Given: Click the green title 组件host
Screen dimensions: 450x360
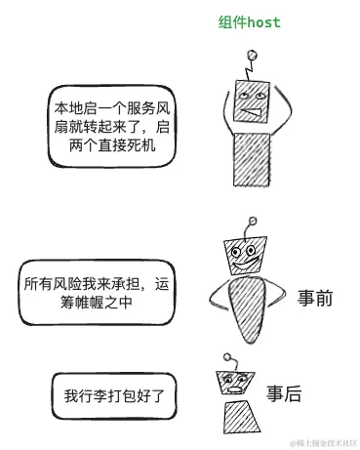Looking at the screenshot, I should (x=249, y=22).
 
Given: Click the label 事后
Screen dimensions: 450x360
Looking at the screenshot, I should (x=284, y=394).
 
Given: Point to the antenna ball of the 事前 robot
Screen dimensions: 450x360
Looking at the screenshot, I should (x=256, y=224).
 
